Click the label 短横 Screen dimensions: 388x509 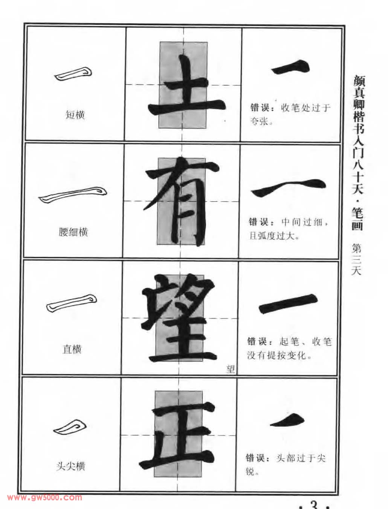click(x=75, y=115)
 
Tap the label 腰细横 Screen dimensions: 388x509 click(x=73, y=232)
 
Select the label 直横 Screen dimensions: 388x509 click(x=72, y=349)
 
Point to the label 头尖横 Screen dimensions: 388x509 click(x=71, y=466)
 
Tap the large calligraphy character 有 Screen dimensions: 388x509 click(x=182, y=201)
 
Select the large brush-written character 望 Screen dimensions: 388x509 click(x=180, y=318)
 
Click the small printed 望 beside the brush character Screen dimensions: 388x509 click(x=231, y=369)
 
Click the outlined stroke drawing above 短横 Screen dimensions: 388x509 click(x=73, y=74)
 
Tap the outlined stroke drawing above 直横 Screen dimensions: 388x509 click(x=72, y=303)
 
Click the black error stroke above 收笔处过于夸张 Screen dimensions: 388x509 click(x=291, y=67)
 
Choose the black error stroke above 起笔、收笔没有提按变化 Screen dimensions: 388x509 click(x=288, y=304)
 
